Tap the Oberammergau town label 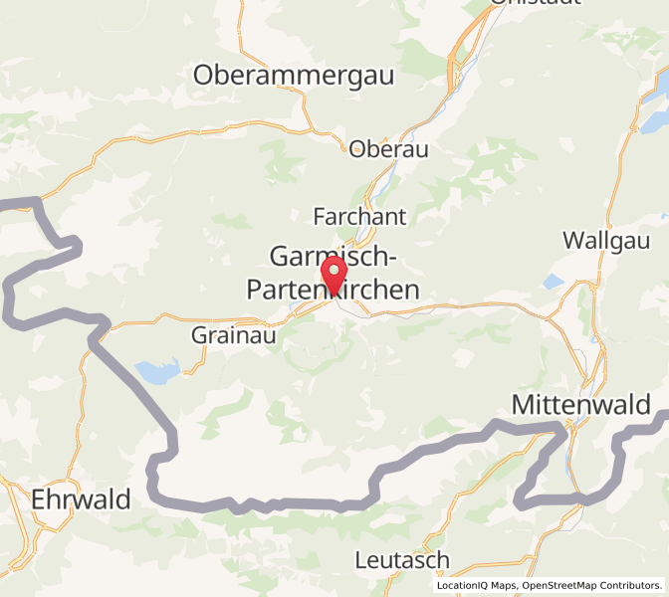(294, 75)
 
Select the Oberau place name (388, 149)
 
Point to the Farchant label (359, 216)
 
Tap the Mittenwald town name (581, 405)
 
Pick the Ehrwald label (81, 499)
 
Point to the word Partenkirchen (333, 288)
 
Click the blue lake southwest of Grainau (158, 372)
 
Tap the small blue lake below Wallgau (553, 282)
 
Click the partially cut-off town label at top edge (536, 4)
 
